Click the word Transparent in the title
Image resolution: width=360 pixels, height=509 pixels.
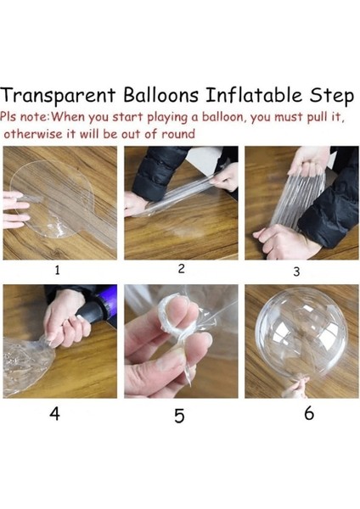(x=58, y=96)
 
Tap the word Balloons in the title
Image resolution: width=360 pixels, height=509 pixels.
(x=160, y=95)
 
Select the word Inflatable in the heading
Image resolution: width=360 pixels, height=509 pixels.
(x=254, y=95)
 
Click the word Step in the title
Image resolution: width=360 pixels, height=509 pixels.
(x=331, y=97)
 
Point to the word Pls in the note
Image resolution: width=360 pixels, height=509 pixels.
(x=8, y=116)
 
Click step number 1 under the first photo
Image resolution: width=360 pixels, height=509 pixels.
(x=57, y=270)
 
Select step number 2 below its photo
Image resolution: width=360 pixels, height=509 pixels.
(x=182, y=268)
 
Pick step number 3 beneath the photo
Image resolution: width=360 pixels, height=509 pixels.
(x=296, y=271)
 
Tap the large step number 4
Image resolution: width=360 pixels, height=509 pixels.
(x=54, y=414)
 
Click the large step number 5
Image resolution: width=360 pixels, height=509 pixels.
(x=179, y=416)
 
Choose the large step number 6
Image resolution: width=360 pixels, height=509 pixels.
(x=309, y=413)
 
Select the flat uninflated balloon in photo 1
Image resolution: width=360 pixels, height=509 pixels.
(x=62, y=201)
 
